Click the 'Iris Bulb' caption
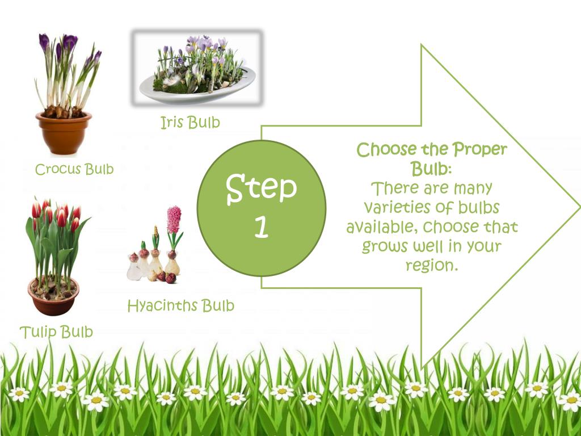[x=190, y=123]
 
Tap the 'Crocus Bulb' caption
[x=74, y=169]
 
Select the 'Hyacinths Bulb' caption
[x=180, y=306]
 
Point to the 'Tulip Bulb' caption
[x=56, y=332]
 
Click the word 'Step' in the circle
[x=262, y=188]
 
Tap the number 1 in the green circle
[x=261, y=228]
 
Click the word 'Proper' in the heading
[x=479, y=150]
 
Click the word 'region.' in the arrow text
[x=432, y=266]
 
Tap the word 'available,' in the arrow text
[x=381, y=227]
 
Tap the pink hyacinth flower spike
[x=174, y=220]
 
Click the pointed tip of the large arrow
[x=578, y=207]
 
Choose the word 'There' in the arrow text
[x=393, y=188]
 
